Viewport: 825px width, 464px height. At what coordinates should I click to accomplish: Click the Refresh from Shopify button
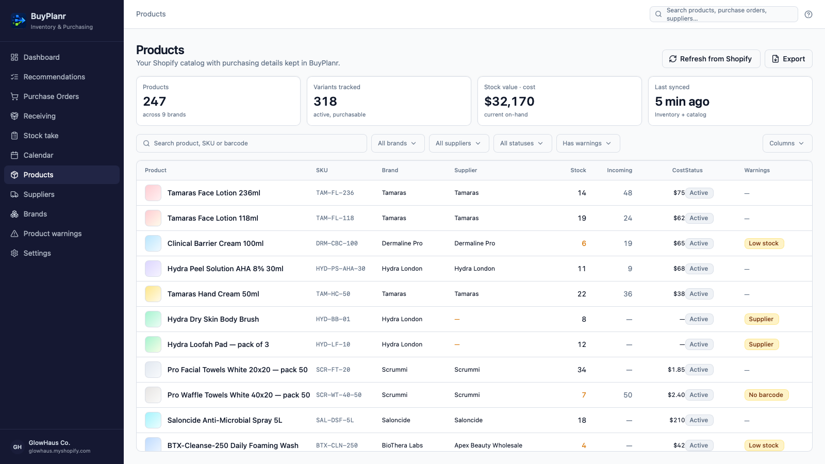(x=711, y=59)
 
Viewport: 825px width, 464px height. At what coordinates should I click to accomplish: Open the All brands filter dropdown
(x=398, y=143)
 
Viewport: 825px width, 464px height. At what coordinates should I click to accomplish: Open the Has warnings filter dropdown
(x=588, y=143)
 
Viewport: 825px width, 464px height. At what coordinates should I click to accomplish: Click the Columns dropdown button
(x=787, y=143)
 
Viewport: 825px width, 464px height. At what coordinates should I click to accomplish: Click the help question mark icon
(x=808, y=14)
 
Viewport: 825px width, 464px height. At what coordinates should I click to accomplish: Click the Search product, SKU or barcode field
(x=252, y=143)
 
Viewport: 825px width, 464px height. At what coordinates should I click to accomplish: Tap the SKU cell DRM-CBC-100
(x=337, y=243)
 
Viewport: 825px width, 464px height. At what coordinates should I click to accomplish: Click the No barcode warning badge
(x=766, y=395)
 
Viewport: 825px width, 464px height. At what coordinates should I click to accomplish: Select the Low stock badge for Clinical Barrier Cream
(x=764, y=243)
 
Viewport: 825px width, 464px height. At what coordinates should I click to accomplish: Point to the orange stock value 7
(x=584, y=395)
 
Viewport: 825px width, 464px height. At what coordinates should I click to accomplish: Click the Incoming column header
(x=619, y=170)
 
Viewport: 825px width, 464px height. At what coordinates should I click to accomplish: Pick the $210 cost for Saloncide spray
(x=677, y=420)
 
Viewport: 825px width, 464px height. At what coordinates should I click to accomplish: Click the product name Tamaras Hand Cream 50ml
(x=213, y=294)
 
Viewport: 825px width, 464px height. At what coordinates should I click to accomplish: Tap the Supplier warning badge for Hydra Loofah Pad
(x=761, y=344)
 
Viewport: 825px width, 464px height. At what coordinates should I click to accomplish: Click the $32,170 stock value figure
(x=509, y=101)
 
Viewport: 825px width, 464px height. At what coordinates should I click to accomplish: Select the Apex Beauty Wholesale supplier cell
(x=488, y=445)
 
